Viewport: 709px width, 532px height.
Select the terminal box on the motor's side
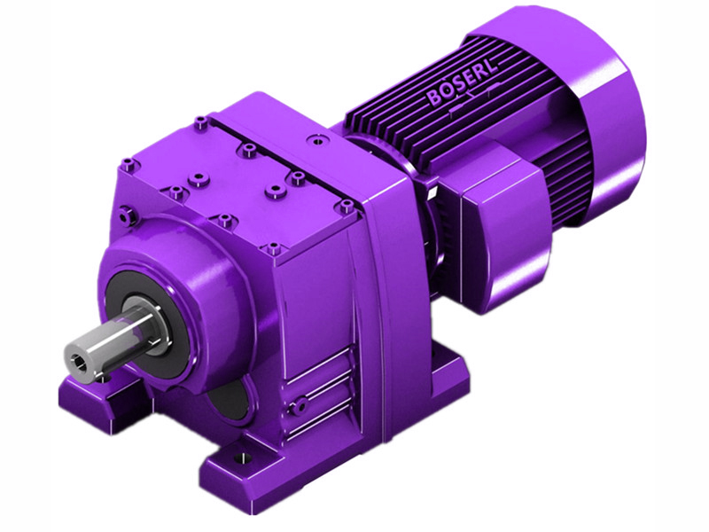point(496,213)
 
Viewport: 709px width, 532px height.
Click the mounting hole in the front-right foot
point(238,461)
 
